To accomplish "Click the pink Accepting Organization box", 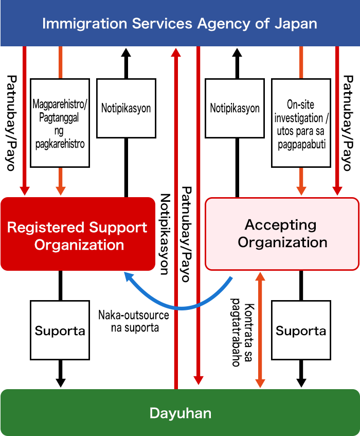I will pyautogui.click(x=282, y=234).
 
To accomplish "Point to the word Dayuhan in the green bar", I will pyautogui.click(x=180, y=413).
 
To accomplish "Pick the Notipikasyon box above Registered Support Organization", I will pyautogui.click(x=126, y=109).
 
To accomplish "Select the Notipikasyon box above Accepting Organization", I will pyautogui.click(x=235, y=109).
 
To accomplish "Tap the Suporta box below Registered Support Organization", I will pyautogui.click(x=60, y=330).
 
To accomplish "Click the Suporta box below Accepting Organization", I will pyautogui.click(x=301, y=330).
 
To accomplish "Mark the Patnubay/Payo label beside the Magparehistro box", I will pyautogui.click(x=11, y=124).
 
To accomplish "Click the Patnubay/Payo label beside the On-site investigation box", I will pyautogui.click(x=349, y=124).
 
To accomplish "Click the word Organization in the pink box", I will pyautogui.click(x=282, y=242).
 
